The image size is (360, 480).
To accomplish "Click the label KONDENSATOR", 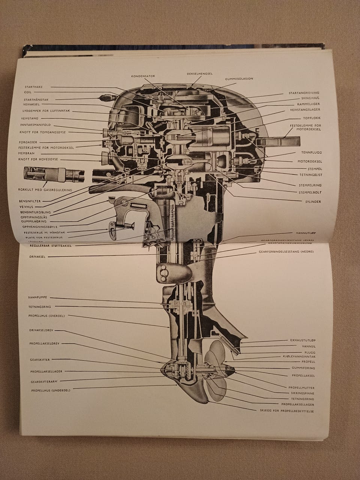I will tap(143, 76).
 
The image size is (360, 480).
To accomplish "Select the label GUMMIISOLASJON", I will tap(239, 79).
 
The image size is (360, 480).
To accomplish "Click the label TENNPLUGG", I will tap(312, 153).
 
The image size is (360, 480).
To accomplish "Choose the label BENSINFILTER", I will tap(30, 201).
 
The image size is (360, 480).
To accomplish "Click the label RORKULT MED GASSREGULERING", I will tap(45, 190).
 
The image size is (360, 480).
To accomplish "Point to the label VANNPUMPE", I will tap(38, 297).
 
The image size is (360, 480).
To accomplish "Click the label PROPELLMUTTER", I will tap(301, 388).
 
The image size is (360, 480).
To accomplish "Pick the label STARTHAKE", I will tap(33, 87).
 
